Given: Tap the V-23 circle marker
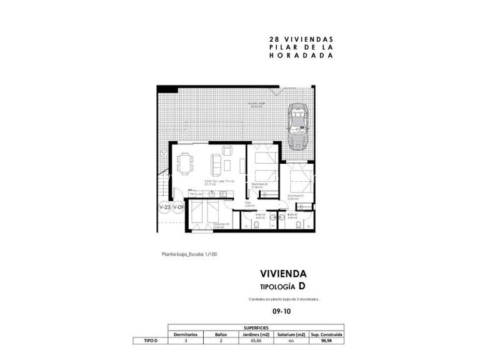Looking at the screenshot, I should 164,207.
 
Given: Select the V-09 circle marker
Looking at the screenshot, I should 178,207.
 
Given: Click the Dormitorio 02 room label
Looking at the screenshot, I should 259,185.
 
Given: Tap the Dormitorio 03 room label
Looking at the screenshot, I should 221,224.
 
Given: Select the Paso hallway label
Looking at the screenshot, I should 248,204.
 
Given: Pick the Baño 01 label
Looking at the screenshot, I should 291,216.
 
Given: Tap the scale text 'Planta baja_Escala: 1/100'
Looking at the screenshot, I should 189,254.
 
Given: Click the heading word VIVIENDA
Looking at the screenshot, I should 283,273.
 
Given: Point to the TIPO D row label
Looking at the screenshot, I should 150,342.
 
